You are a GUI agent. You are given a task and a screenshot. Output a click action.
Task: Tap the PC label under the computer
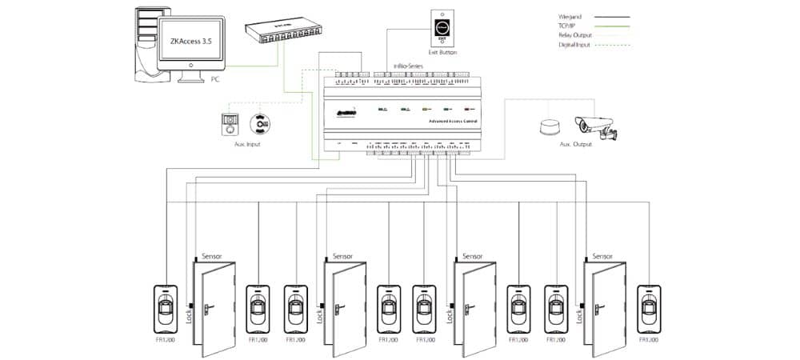click(214, 80)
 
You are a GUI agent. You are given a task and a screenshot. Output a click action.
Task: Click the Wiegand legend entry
click(569, 16)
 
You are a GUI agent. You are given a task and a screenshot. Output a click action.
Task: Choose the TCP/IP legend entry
click(567, 26)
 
